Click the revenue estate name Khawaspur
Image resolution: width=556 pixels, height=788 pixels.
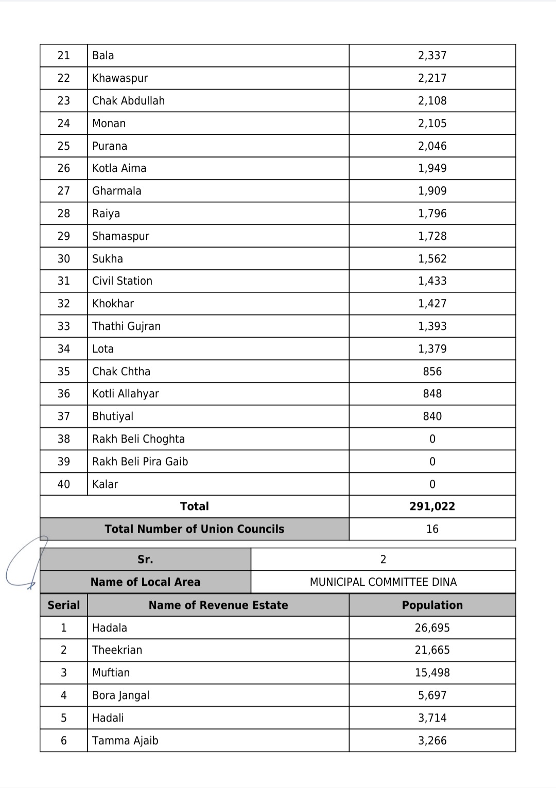pyautogui.click(x=120, y=78)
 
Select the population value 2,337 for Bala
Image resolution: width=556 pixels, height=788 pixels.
pyautogui.click(x=432, y=56)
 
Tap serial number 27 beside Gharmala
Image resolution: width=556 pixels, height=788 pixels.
pyautogui.click(x=63, y=191)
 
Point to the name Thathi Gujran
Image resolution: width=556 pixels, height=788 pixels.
pyautogui.click(x=126, y=326)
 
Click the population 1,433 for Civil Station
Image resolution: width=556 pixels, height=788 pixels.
pyautogui.click(x=432, y=281)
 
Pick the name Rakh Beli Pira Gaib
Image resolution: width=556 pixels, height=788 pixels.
pyautogui.click(x=140, y=462)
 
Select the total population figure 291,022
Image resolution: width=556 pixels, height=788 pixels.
pyautogui.click(x=432, y=506)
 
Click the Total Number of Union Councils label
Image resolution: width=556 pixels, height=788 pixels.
pyautogui.click(x=194, y=529)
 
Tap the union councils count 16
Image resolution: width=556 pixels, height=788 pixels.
pyautogui.click(x=432, y=529)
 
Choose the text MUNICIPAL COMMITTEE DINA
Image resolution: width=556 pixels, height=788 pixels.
pyautogui.click(x=383, y=582)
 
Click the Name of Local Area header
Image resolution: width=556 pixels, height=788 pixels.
pyautogui.click(x=145, y=582)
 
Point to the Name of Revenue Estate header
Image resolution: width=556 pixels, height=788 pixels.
pyautogui.click(x=218, y=605)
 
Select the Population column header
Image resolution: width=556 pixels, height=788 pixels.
pyautogui.click(x=432, y=605)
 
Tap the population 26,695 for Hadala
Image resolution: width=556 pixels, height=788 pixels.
pyautogui.click(x=432, y=628)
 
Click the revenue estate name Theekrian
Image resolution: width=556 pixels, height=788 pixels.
pyautogui.click(x=117, y=650)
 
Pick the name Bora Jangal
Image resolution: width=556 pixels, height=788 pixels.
pyautogui.click(x=120, y=695)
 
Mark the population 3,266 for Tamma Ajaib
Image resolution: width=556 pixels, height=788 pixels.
pyautogui.click(x=432, y=741)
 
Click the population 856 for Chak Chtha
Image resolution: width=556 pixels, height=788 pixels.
pyautogui.click(x=432, y=372)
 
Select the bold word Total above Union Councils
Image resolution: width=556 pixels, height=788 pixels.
pyautogui.click(x=194, y=506)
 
